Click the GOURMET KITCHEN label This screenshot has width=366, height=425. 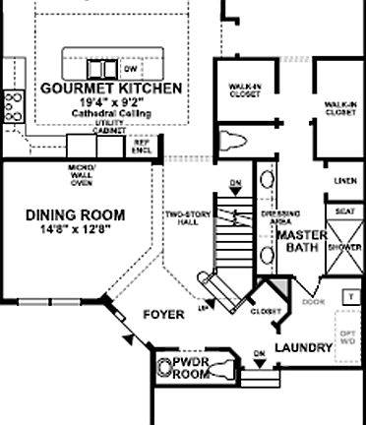(111, 89)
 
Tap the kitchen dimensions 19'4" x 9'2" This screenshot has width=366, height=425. (111, 101)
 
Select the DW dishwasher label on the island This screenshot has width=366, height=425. (130, 70)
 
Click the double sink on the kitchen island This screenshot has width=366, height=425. (98, 68)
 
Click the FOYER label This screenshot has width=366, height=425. (163, 316)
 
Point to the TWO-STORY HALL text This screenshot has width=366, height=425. (185, 217)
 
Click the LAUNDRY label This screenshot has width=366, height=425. (302, 348)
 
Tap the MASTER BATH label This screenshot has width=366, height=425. (296, 243)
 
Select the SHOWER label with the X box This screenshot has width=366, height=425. (344, 248)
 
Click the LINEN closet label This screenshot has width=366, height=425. (344, 182)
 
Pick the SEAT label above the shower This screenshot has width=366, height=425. (344, 212)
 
